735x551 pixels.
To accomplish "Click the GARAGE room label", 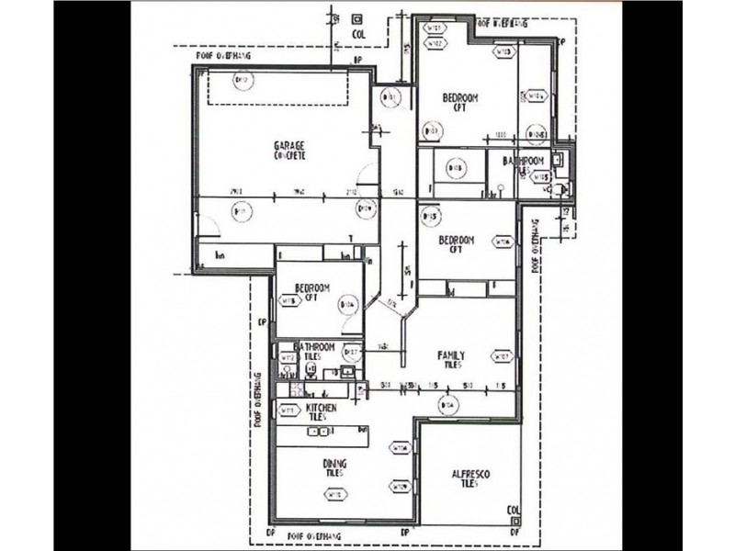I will (288, 145).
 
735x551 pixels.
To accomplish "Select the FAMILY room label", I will (450, 355).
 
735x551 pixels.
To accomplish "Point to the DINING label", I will (334, 464).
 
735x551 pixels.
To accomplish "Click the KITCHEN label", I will (322, 407).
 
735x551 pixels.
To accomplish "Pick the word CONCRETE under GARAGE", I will (288, 155).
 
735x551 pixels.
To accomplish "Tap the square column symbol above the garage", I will (356, 18).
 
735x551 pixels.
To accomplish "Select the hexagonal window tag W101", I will (433, 29).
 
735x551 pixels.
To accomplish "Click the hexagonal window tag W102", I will (433, 43).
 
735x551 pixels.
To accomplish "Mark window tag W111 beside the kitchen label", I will (287, 410).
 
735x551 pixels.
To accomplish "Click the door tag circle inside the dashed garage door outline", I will (243, 83).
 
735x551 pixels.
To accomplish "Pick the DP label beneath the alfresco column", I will (516, 532).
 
